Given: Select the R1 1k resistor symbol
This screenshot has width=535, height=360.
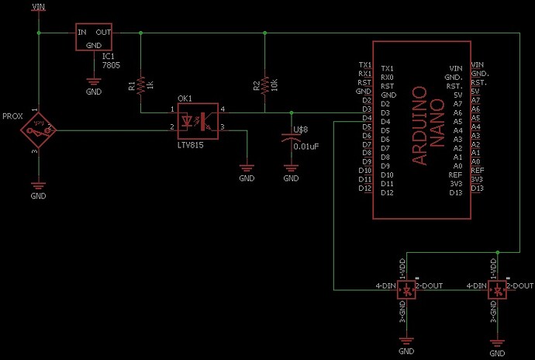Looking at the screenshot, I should [140, 84].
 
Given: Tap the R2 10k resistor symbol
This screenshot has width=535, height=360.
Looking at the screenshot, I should [265, 84].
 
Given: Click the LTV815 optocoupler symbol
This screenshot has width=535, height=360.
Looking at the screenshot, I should [197, 123].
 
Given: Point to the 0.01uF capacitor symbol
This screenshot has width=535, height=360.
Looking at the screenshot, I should [290, 140].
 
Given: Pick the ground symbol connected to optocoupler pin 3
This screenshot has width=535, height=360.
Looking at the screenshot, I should [247, 168].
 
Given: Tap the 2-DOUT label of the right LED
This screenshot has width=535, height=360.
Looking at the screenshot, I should [519, 286].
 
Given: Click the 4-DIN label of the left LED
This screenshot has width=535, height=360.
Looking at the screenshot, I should [385, 286].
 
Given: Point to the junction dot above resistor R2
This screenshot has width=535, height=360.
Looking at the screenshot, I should [265, 33].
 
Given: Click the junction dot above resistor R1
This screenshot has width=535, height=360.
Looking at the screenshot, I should [140, 33].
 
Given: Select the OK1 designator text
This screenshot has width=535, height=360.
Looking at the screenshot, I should [185, 99].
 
